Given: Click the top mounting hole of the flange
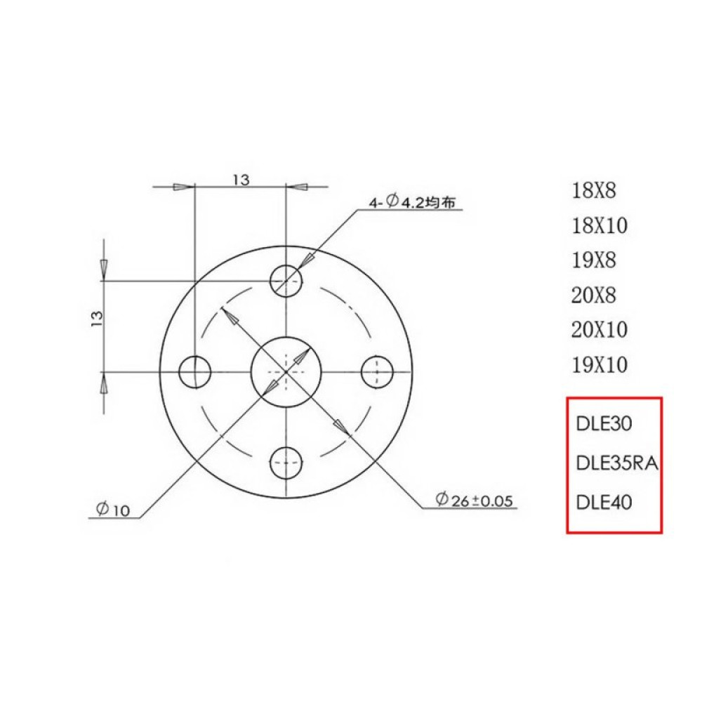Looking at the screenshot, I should pyautogui.click(x=286, y=280).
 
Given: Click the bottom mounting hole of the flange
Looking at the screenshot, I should pyautogui.click(x=286, y=461).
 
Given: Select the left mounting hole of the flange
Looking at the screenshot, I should pyautogui.click(x=195, y=371).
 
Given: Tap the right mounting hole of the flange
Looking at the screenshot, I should pyautogui.click(x=377, y=371).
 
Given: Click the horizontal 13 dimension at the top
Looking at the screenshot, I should pyautogui.click(x=241, y=180).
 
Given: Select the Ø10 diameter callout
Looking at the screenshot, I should pyautogui.click(x=113, y=510).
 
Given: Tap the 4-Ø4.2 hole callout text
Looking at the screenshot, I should pyautogui.click(x=414, y=202).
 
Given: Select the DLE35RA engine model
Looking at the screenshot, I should pyautogui.click(x=616, y=463).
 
